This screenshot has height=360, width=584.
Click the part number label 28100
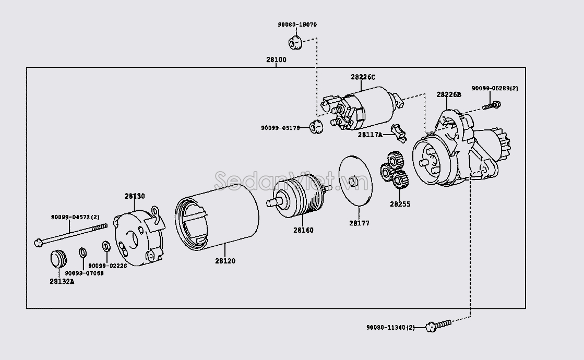pyautogui.click(x=276, y=60)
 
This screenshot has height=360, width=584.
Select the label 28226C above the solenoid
pyautogui.click(x=363, y=77)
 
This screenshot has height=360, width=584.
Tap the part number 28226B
pyautogui.click(x=449, y=94)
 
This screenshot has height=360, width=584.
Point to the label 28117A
pyautogui.click(x=370, y=135)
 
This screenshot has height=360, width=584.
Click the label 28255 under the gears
pyautogui.click(x=400, y=204)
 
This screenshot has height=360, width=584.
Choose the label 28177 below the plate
pyautogui.click(x=359, y=223)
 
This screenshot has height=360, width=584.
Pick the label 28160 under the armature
pyautogui.click(x=303, y=230)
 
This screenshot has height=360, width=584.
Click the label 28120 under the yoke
pyautogui.click(x=225, y=261)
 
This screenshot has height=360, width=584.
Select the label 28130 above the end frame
pyautogui.click(x=135, y=196)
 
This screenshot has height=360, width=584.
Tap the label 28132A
pyautogui.click(x=62, y=281)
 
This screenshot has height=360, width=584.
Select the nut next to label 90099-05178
pyautogui.click(x=315, y=127)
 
